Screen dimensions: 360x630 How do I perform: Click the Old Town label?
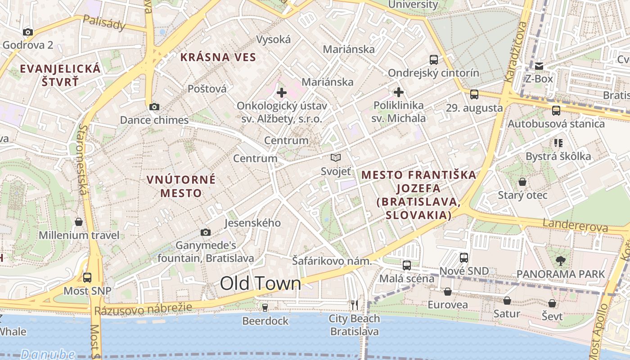tap(260, 283)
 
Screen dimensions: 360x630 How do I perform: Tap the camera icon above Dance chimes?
tap(154, 107)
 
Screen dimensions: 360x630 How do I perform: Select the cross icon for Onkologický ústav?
tap(282, 93)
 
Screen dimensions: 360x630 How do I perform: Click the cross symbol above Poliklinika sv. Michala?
tap(398, 92)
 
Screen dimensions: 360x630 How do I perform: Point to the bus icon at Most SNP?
tap(87, 277)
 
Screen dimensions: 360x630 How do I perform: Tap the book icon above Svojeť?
tap(336, 157)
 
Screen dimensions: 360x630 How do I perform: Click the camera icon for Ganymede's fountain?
tap(206, 232)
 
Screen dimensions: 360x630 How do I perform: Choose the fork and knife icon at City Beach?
tap(355, 305)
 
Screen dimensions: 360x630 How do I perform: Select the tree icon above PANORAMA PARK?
tap(560, 260)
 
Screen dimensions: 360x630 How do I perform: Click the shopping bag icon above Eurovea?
tap(447, 292)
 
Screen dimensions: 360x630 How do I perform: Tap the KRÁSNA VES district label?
tap(218, 57)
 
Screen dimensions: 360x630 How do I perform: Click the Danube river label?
tap(47, 354)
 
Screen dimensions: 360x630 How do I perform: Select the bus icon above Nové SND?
tap(464, 258)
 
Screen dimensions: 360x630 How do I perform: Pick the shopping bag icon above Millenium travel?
tap(79, 222)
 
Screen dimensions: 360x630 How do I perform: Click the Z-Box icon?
tap(539, 66)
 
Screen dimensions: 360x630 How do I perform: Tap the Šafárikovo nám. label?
tap(332, 261)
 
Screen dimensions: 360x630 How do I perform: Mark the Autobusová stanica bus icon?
tap(556, 110)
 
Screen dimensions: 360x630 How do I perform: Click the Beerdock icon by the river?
tap(265, 308)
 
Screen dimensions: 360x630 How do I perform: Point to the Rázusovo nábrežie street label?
tap(143, 309)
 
